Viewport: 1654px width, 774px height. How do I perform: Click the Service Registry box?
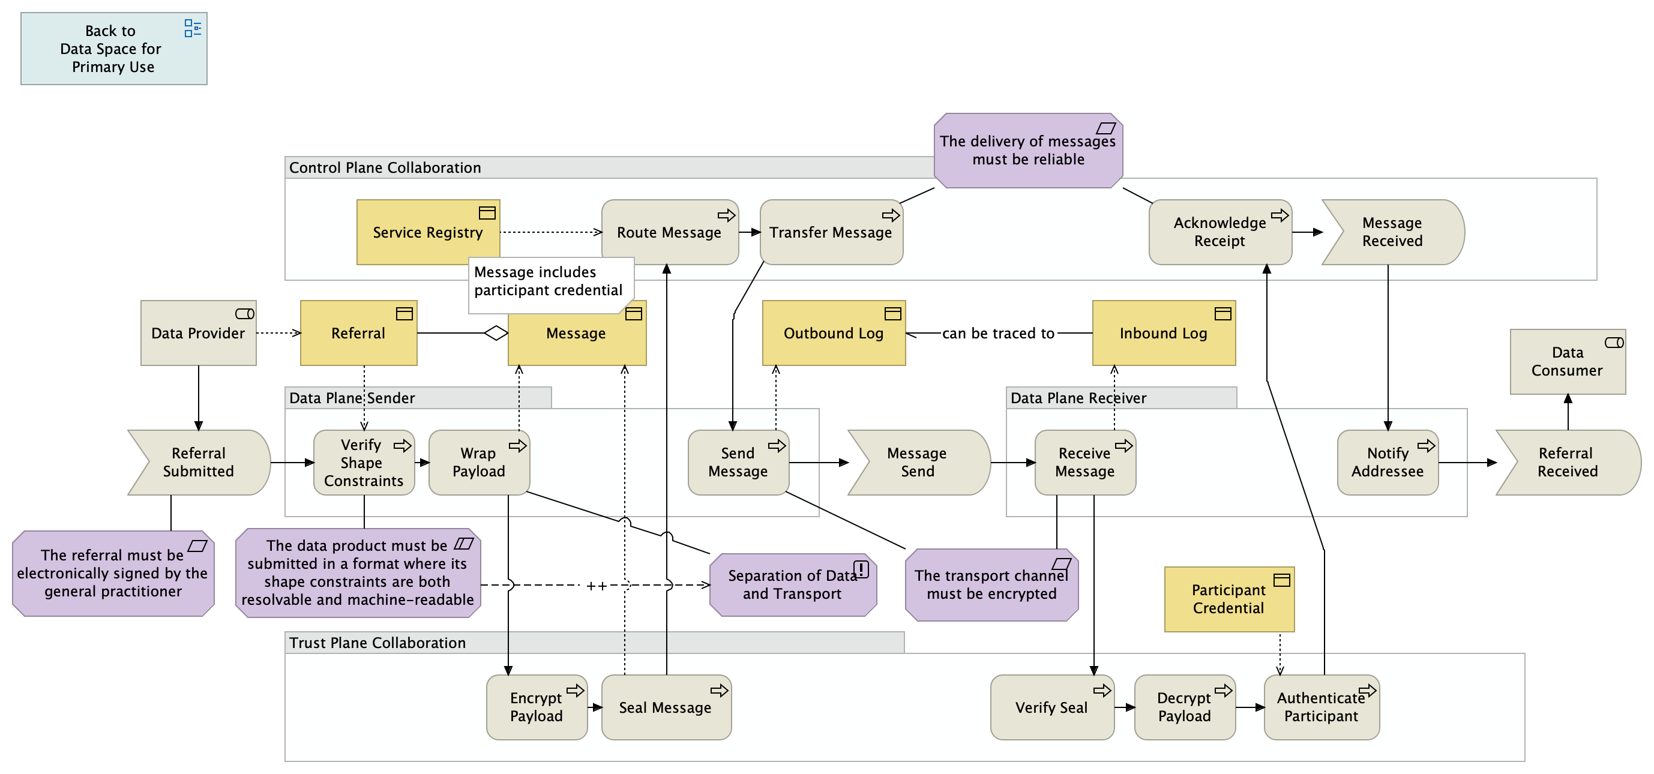tap(428, 232)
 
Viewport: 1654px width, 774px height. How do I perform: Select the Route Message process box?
tap(669, 232)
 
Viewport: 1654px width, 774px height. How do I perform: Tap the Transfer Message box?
tap(831, 232)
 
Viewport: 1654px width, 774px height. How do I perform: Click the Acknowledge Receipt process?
tap(1219, 232)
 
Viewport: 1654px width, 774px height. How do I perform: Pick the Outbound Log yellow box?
tap(834, 333)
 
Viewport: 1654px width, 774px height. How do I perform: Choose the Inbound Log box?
tap(1164, 333)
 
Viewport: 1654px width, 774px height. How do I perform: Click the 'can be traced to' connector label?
tap(998, 333)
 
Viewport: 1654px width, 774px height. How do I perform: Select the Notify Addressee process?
tap(1387, 463)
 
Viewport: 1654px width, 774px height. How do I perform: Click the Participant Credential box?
tap(1228, 599)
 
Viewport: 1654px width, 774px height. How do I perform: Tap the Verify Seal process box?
tap(1051, 707)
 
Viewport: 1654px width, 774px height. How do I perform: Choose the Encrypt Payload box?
tap(536, 707)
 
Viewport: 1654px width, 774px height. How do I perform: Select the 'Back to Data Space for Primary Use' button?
tap(113, 49)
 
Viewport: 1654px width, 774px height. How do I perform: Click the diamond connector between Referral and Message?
tap(496, 333)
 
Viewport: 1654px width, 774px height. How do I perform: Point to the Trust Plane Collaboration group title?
tap(377, 643)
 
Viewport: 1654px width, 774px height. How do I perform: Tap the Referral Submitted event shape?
tap(199, 463)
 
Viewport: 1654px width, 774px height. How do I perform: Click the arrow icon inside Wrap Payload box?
tap(517, 446)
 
